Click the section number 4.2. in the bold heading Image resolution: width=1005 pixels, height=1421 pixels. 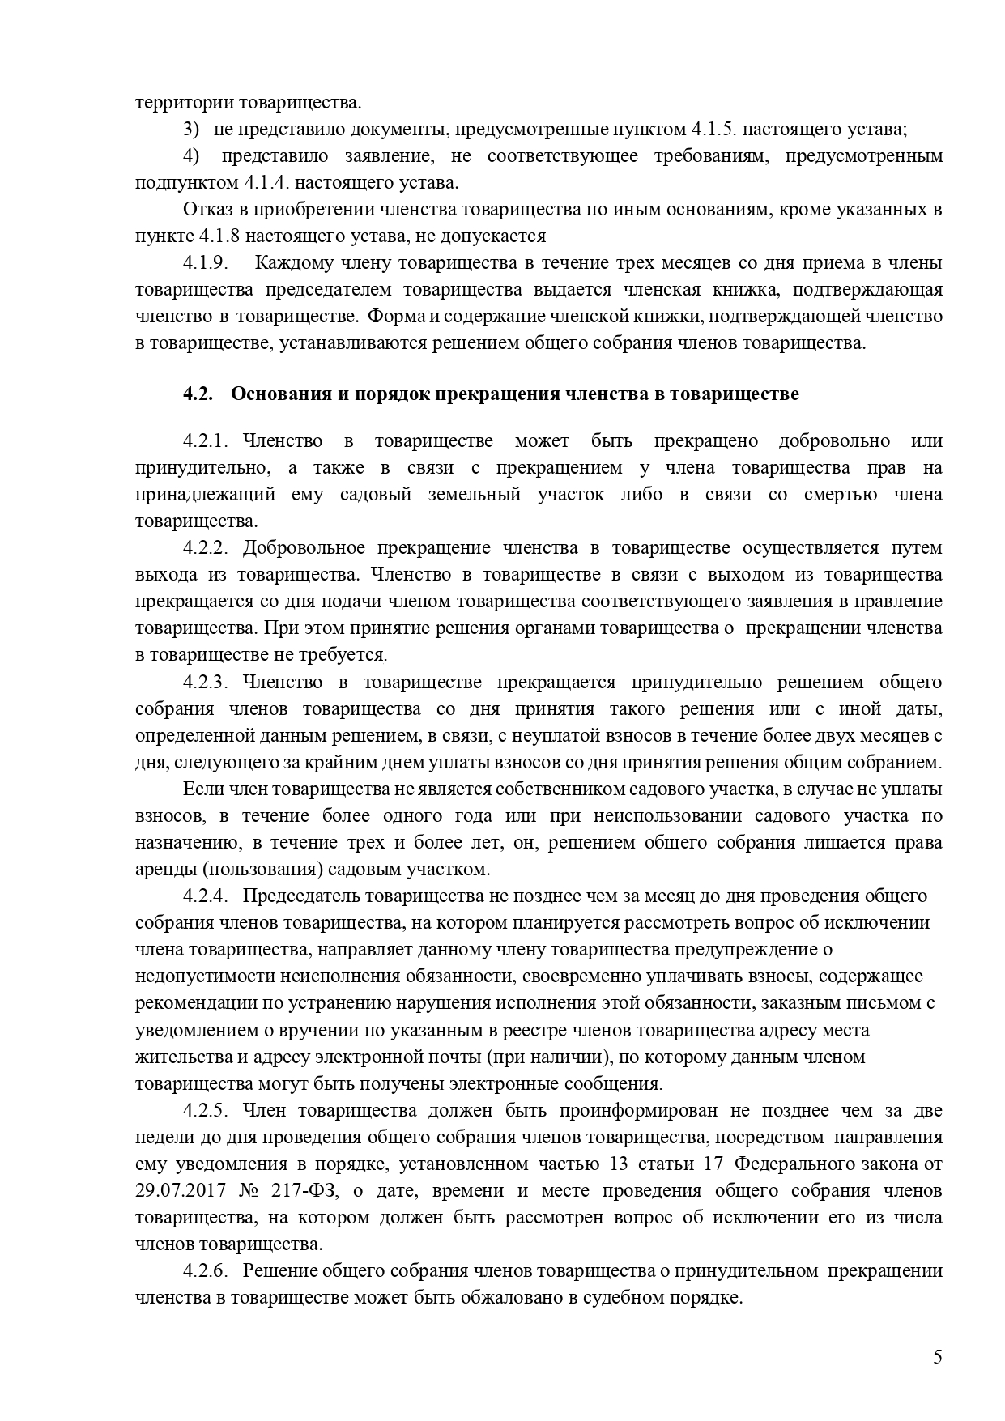(198, 394)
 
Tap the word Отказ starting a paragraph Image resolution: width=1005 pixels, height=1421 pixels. (207, 211)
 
